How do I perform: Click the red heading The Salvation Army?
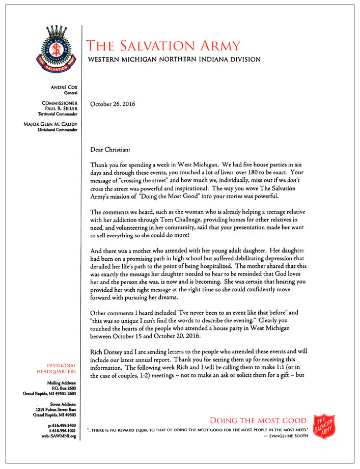tap(163, 46)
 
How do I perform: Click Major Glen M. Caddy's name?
tap(51, 124)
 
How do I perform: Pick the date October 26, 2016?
tap(115, 104)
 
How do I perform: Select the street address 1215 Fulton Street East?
tap(53, 409)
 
